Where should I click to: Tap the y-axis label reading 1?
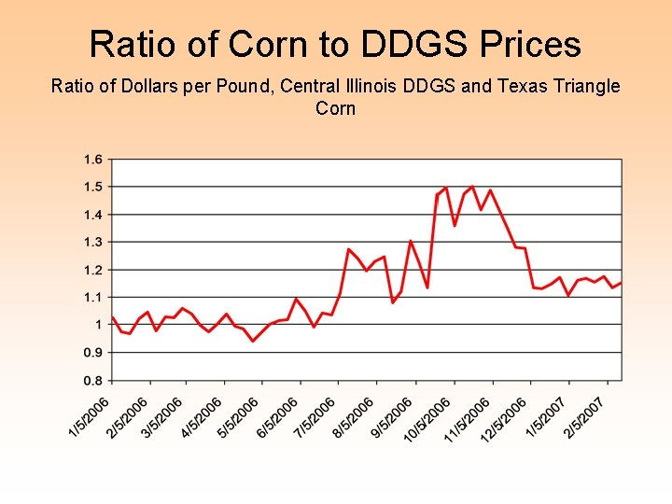97,325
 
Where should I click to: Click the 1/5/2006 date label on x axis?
90,416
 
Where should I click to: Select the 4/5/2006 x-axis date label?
202,416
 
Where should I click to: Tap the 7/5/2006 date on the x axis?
315,416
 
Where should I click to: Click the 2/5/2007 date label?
583,416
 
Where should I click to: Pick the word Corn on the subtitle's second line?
335,108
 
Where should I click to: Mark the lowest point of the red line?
252,341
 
